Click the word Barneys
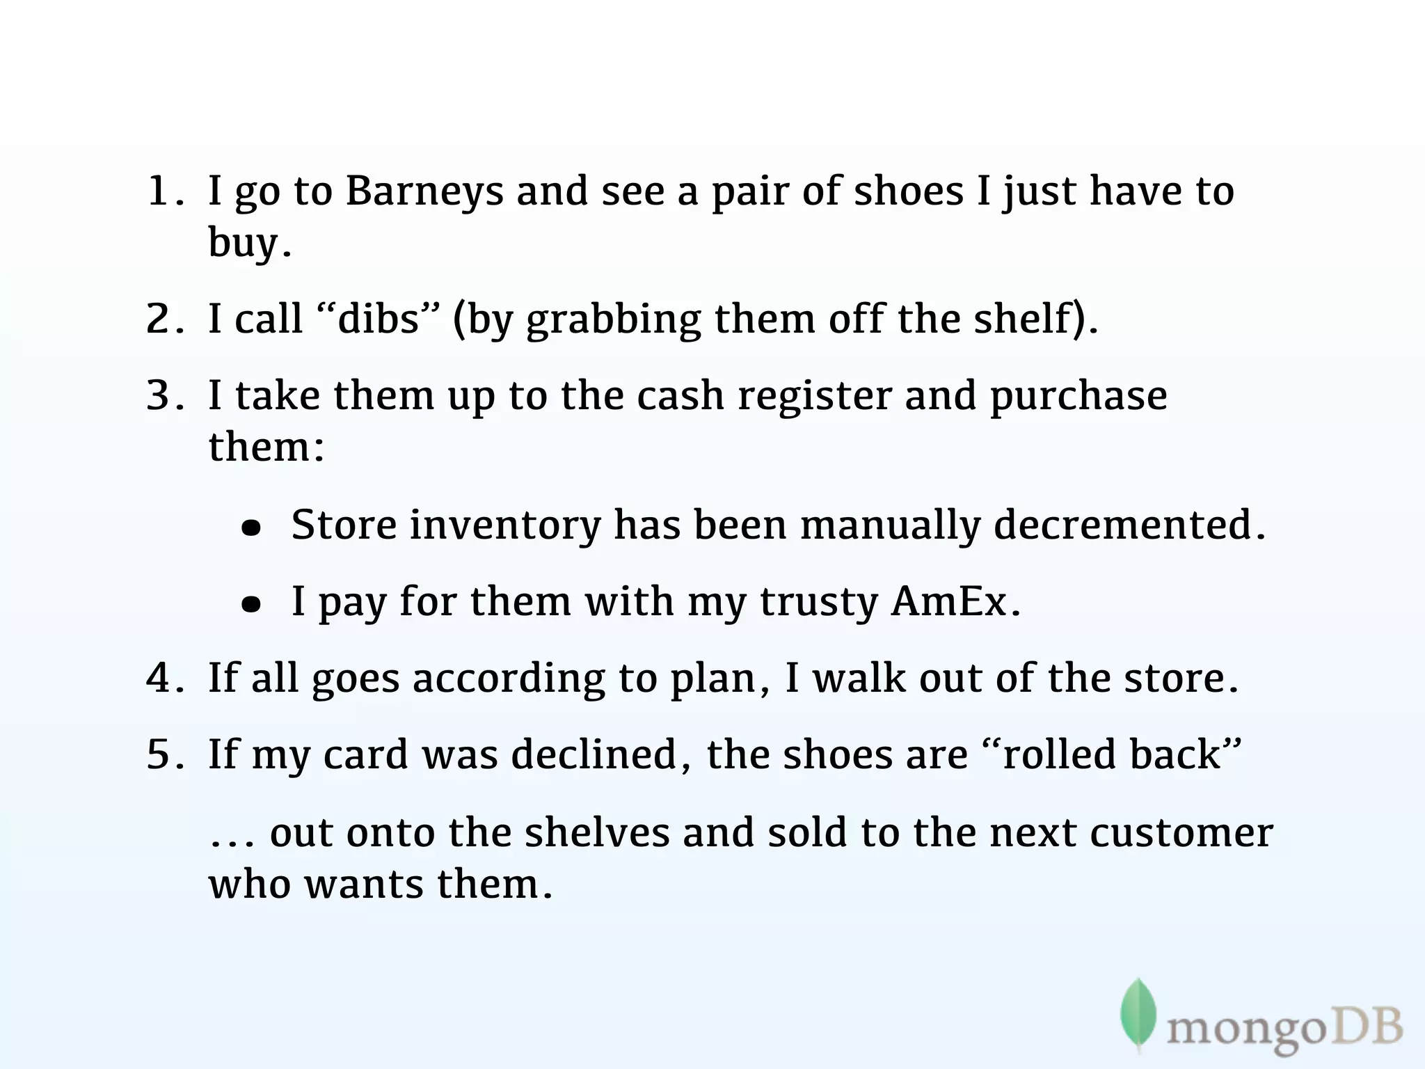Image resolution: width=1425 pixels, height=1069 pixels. [424, 191]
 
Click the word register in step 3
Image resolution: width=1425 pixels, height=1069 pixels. [814, 396]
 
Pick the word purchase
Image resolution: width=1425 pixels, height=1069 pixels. [1078, 396]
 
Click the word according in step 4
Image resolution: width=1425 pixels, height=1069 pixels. [509, 678]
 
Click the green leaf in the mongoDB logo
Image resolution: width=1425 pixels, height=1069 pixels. [1138, 1013]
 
